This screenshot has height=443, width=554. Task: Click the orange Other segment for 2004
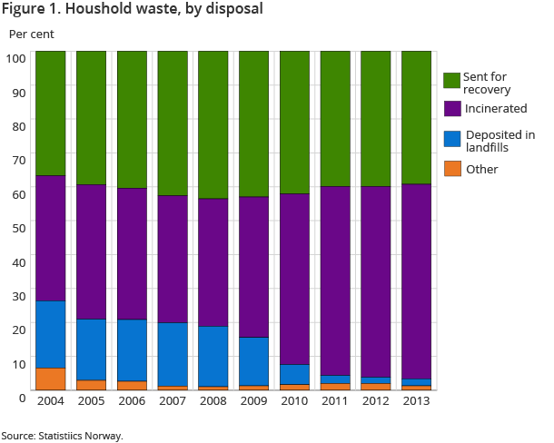(x=50, y=379)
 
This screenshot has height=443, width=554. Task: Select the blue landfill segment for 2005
(x=91, y=349)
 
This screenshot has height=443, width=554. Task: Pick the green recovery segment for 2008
(x=213, y=125)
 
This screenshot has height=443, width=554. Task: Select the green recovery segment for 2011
(x=335, y=119)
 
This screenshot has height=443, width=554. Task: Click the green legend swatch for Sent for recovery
(x=451, y=81)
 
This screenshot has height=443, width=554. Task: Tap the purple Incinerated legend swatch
(x=451, y=108)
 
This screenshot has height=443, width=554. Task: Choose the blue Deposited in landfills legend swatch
(x=451, y=139)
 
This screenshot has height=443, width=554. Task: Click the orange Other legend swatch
(x=451, y=169)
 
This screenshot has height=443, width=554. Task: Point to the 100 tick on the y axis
(x=15, y=58)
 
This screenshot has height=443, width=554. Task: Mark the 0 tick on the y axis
(x=21, y=397)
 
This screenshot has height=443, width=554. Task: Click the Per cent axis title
(x=32, y=34)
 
